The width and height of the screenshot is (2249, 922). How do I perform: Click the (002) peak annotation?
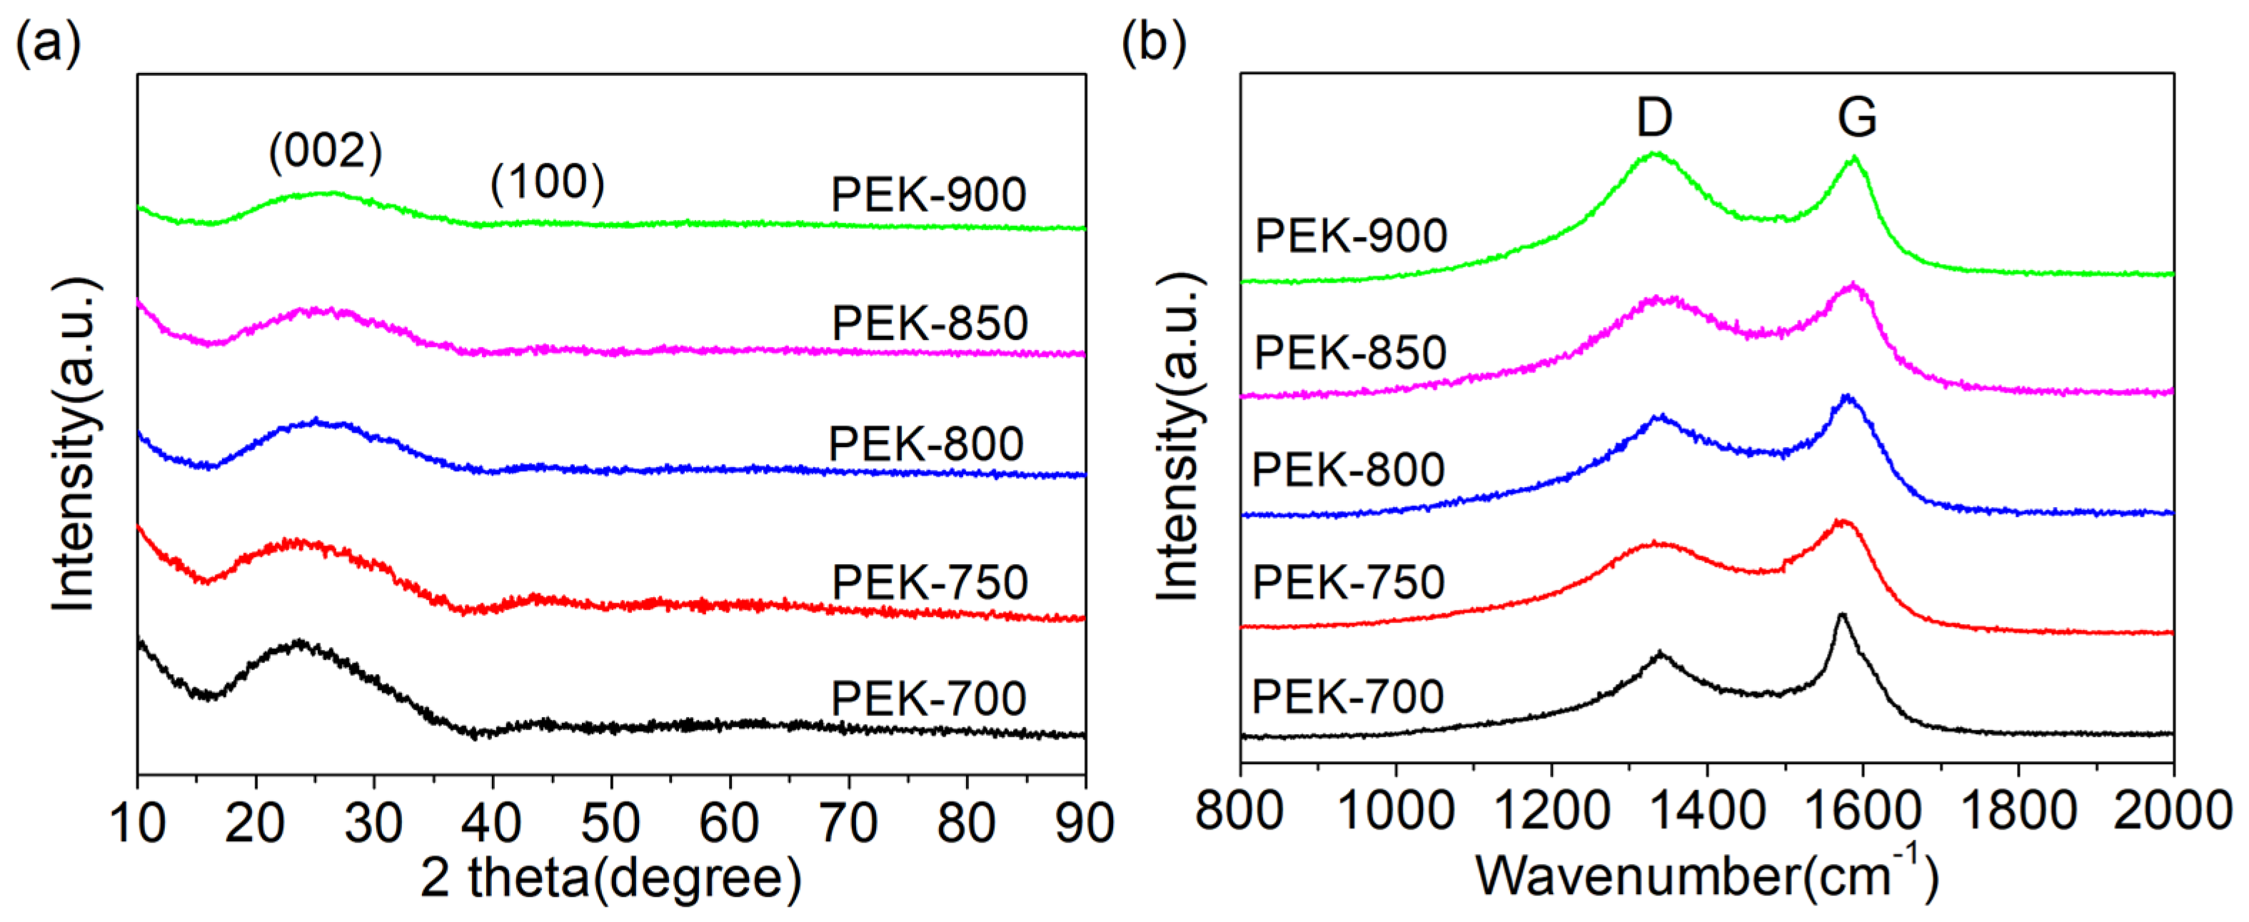[x=325, y=152]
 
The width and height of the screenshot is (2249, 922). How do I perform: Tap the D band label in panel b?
[x=1654, y=117]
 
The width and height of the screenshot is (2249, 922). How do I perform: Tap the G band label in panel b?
[x=1856, y=117]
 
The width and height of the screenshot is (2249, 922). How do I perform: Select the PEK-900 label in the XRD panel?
[x=928, y=195]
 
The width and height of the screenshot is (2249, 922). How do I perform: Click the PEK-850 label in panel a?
[x=930, y=324]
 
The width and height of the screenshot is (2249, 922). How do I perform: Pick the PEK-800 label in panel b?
[x=1348, y=470]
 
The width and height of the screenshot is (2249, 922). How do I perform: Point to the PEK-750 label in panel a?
[x=930, y=582]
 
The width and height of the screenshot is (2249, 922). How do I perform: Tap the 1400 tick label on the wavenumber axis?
[x=1707, y=811]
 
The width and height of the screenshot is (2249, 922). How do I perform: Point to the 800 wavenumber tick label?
[x=1239, y=811]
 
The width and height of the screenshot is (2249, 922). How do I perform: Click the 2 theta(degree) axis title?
[x=610, y=878]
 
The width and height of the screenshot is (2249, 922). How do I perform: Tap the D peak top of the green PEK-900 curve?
[x=1653, y=154]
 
